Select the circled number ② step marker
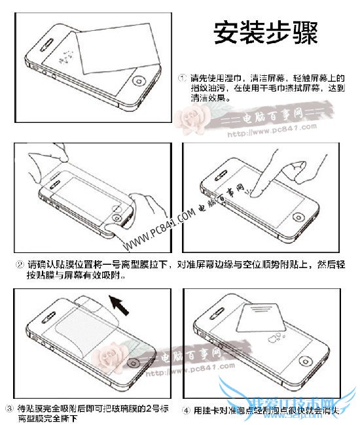pos(20,265)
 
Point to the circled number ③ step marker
pos(9,409)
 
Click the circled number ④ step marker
pos(187,411)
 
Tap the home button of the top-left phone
pos(138,82)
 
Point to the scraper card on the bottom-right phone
pos(266,324)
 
